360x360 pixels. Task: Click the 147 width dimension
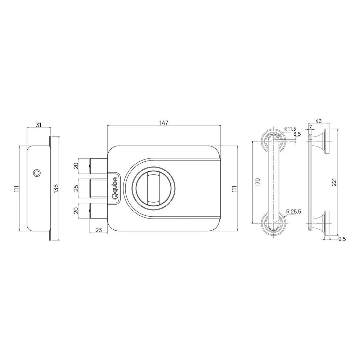click(x=164, y=123)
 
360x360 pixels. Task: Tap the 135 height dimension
click(x=55, y=188)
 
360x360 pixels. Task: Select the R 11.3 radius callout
click(x=289, y=129)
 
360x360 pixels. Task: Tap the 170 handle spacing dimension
click(x=257, y=182)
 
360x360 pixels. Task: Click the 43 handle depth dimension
click(x=318, y=121)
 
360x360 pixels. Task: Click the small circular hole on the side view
click(x=36, y=173)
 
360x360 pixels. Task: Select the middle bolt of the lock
click(x=98, y=188)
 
